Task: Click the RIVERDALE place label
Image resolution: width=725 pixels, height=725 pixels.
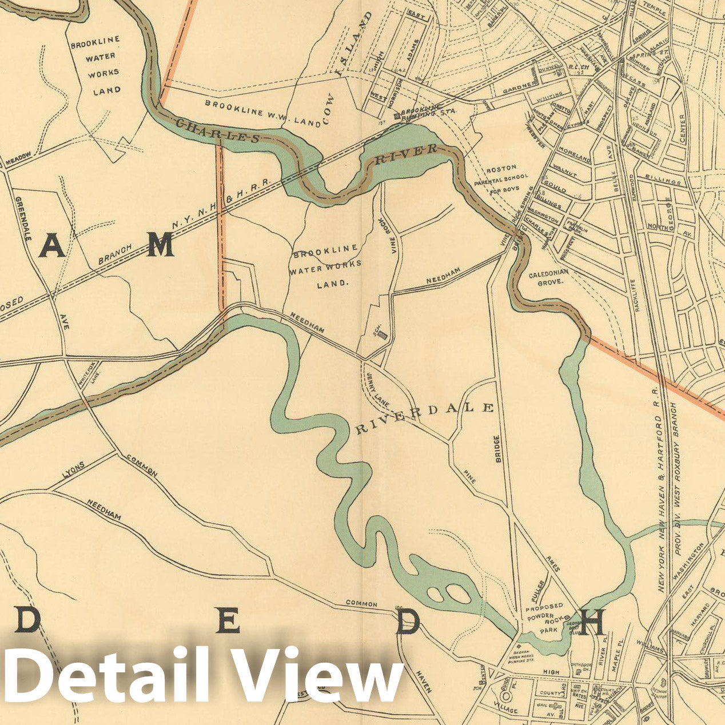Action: coord(424,418)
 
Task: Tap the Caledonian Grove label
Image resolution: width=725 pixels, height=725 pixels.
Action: coord(548,278)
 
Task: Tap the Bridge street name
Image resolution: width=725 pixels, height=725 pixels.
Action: coord(497,449)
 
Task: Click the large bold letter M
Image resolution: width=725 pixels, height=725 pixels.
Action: coord(161,246)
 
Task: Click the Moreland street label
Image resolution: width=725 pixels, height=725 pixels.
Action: coord(576,158)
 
